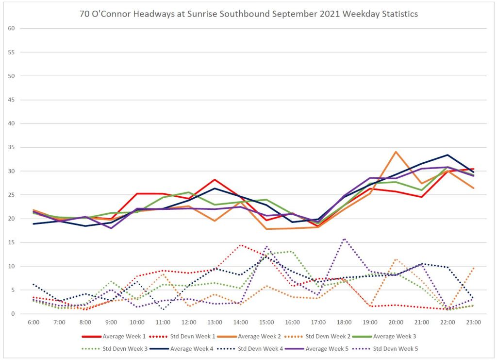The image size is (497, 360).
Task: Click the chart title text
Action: point(248,14)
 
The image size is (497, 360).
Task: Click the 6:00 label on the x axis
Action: point(33,322)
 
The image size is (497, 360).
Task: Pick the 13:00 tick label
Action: point(215,322)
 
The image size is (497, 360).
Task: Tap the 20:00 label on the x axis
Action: point(396,322)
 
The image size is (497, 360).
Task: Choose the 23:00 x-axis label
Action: point(474,322)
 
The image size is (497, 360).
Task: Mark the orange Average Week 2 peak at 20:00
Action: point(396,152)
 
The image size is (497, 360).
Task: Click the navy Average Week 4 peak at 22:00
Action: point(447,155)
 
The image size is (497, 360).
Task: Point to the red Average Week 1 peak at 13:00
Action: point(215,180)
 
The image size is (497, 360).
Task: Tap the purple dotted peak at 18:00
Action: point(344,239)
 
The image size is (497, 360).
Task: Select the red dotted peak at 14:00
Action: point(240,245)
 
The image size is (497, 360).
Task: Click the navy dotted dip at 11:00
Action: point(163,309)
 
